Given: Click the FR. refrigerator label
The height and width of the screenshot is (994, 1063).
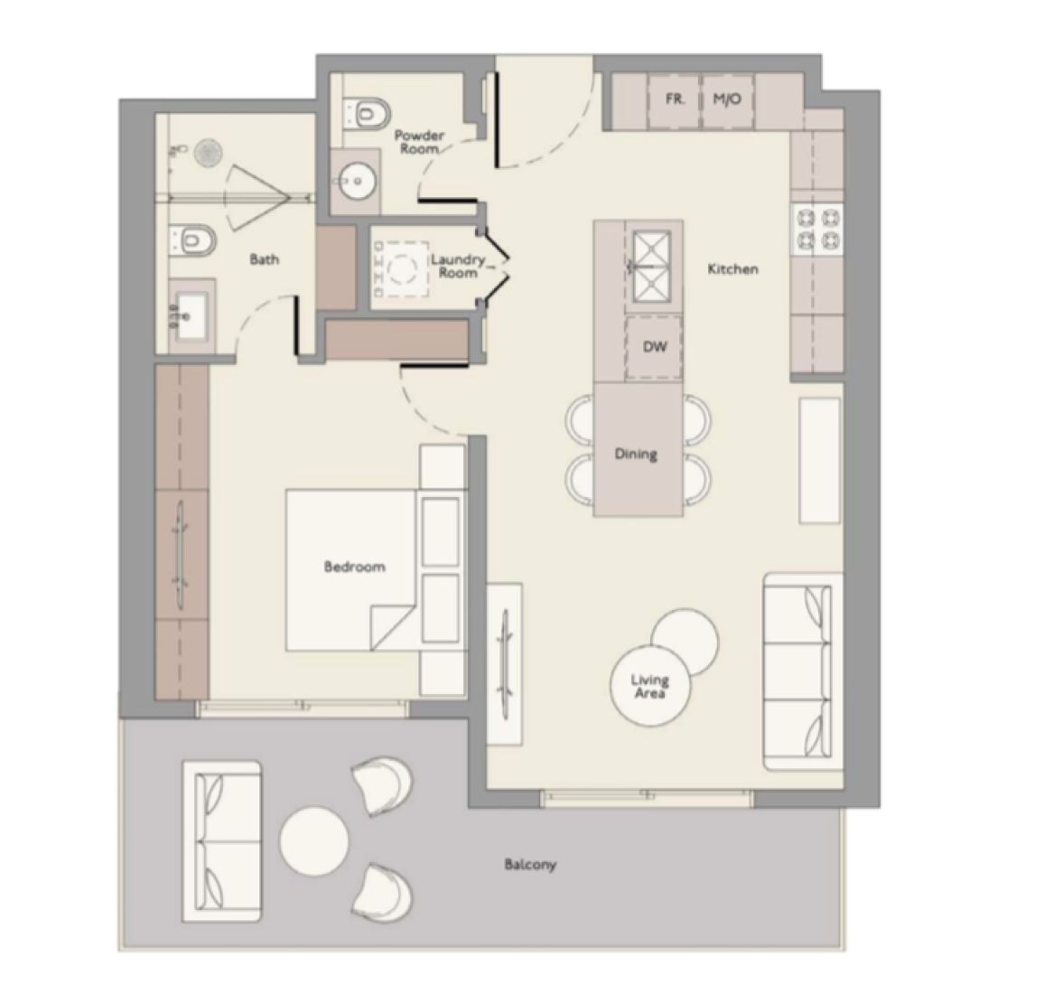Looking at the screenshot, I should pos(675,99).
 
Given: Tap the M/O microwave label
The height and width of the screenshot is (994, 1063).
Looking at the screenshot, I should pos(726,99).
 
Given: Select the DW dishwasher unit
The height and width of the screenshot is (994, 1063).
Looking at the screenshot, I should pos(654,347).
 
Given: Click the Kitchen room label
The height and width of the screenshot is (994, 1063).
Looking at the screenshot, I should pos(732,269).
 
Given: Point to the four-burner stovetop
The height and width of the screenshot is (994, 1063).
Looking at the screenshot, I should pos(816,229).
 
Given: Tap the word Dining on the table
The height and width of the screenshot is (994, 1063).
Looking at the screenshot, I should pos(636,454).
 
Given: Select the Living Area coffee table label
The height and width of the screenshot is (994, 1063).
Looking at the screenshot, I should pos(650,686).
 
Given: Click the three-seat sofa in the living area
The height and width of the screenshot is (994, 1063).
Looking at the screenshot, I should pos(797,670).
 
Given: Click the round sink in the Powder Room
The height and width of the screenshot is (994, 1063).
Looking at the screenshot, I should pos(354,182).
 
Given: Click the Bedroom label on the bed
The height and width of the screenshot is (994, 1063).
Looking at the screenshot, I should pos(354,567).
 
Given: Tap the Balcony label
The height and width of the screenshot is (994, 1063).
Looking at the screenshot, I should pos(530,865).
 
